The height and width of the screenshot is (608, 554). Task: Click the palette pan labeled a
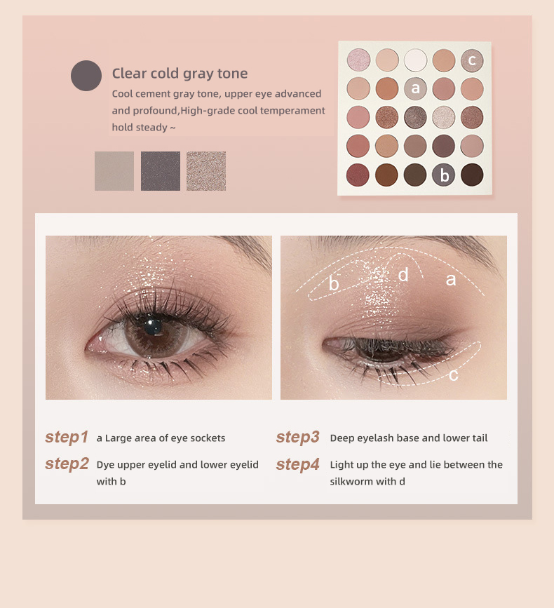[415, 88]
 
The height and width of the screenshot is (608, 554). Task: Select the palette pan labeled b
[443, 174]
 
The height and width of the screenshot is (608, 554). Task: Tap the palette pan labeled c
[472, 60]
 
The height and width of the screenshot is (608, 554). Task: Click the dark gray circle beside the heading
[86, 76]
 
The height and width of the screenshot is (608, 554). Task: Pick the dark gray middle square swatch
[161, 171]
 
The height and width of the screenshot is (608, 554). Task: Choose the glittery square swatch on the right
[206, 171]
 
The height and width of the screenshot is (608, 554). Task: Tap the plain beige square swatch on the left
[114, 171]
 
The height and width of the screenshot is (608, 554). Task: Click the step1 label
[67, 438]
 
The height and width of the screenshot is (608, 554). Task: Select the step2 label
[67, 464]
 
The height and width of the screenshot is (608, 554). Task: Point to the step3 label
[297, 438]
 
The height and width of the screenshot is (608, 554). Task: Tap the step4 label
[297, 464]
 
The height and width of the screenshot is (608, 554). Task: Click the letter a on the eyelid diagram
[451, 280]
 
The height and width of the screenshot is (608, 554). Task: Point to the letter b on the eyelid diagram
[334, 284]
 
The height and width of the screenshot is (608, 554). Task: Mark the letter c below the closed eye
[454, 375]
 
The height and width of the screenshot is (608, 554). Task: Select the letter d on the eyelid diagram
[403, 275]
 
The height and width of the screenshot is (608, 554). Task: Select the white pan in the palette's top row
[415, 60]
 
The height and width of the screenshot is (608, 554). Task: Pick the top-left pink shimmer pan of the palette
[358, 60]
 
